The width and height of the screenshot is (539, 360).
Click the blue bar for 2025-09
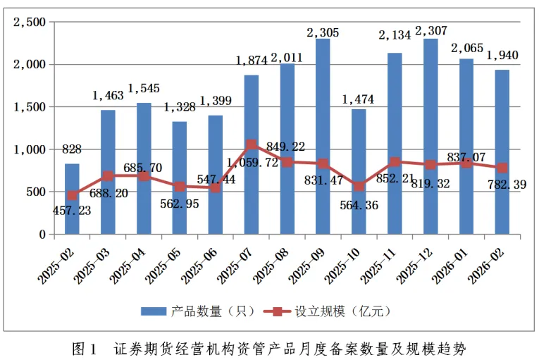(323, 137)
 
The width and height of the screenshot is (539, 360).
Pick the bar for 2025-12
(430, 137)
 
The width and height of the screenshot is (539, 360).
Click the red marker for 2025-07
(251, 144)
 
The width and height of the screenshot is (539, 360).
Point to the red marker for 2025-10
(359, 187)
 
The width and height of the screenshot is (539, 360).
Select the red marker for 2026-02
(502, 168)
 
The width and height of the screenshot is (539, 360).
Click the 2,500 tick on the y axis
(30, 23)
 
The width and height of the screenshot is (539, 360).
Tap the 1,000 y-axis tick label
(30, 149)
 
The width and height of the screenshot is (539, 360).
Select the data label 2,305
(323, 31)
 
